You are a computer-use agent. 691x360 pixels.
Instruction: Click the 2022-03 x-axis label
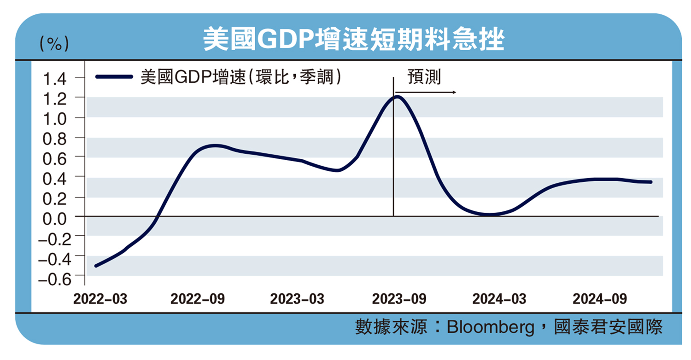point(100,299)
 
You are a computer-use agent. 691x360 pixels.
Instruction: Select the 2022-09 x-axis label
point(198,299)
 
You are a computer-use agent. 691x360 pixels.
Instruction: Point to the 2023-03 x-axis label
point(297,299)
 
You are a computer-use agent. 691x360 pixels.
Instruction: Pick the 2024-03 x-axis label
point(499,299)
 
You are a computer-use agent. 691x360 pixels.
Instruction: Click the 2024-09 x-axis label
point(599,299)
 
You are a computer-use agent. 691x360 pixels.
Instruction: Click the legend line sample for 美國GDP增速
point(115,77)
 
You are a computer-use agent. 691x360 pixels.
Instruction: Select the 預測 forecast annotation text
point(424,77)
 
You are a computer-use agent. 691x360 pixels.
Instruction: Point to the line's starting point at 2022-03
point(95,266)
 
